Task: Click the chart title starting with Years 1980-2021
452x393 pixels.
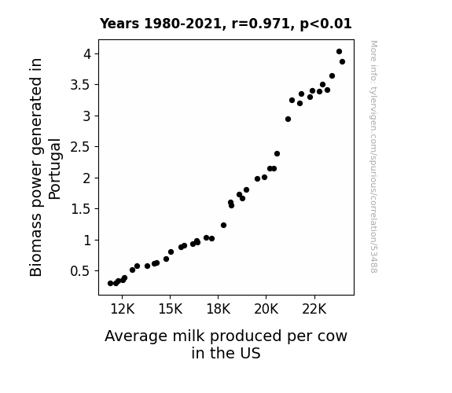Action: (226, 24)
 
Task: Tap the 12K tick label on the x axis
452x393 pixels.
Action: (123, 309)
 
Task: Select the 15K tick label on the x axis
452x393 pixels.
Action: (171, 309)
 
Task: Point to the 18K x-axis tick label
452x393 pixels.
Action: (219, 309)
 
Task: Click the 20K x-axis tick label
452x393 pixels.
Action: (266, 309)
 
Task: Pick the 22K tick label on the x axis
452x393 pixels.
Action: (314, 309)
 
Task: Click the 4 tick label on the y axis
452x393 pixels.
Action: (87, 54)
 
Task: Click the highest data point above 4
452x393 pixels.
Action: (339, 52)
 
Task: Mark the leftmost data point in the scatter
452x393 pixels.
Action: (110, 284)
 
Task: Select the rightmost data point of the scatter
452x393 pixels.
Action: (342, 62)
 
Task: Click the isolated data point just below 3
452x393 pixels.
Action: (288, 119)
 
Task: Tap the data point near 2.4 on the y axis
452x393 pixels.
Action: (277, 154)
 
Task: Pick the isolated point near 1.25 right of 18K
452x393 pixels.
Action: (223, 226)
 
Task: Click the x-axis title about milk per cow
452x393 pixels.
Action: (226, 344)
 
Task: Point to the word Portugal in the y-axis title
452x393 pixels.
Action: (54, 169)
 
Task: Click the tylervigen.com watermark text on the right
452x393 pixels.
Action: (373, 157)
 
